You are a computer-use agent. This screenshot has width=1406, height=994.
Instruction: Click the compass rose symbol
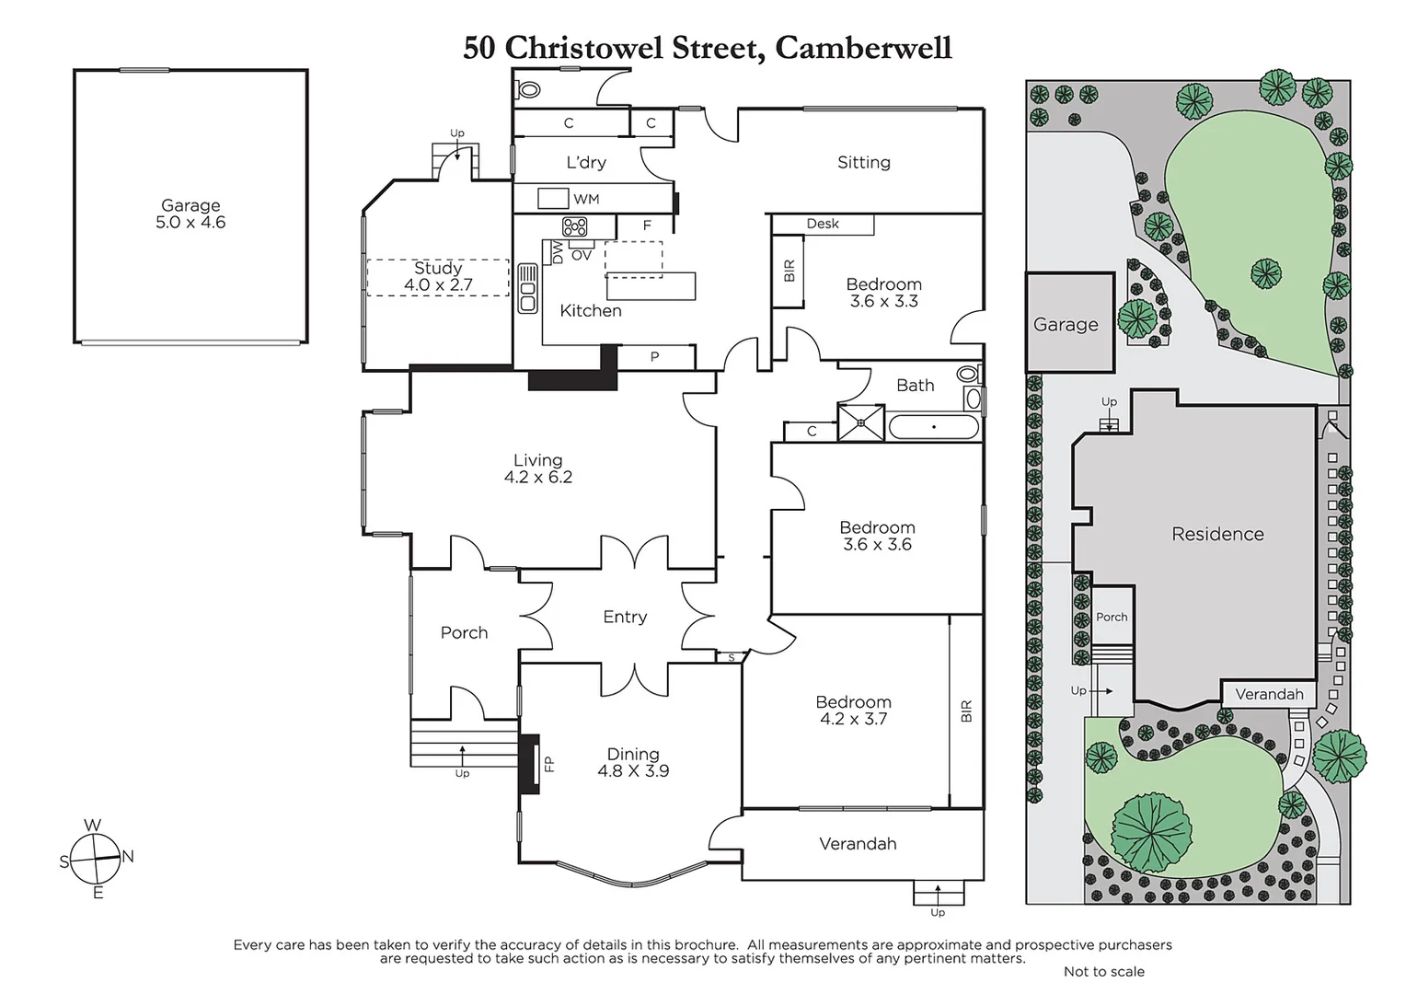pos(96,859)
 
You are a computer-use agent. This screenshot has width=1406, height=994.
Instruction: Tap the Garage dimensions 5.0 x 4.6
pos(190,223)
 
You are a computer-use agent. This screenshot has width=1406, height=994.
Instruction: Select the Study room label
pos(438,268)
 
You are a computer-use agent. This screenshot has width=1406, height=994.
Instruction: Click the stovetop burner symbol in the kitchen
pos(574,226)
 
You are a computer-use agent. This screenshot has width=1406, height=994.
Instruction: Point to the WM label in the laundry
pos(586,199)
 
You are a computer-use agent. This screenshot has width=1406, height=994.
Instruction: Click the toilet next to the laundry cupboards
pos(528,90)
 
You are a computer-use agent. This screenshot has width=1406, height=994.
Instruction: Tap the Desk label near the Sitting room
pos(823,224)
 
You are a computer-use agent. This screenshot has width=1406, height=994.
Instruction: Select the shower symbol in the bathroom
pos(861,423)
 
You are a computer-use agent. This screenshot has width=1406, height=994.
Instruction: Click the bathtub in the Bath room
pos(934,427)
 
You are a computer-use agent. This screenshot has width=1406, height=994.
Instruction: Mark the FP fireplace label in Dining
pos(549,763)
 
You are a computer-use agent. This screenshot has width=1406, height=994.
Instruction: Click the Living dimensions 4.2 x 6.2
pos(538,478)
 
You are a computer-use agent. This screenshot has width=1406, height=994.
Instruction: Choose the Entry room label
pos(625,617)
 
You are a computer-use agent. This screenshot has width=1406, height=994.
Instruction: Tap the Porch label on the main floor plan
pos(464,632)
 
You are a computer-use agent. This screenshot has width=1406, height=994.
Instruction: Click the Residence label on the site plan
pos(1217,534)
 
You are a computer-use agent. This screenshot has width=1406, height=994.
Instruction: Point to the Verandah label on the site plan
pos(1269,694)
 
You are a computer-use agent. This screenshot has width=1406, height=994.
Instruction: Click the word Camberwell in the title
pos(863,48)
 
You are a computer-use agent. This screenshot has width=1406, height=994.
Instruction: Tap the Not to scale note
pos(1103,971)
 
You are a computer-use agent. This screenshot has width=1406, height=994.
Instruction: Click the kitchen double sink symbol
pos(527,288)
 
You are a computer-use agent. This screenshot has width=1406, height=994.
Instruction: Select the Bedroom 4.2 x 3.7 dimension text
pos(853,719)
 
